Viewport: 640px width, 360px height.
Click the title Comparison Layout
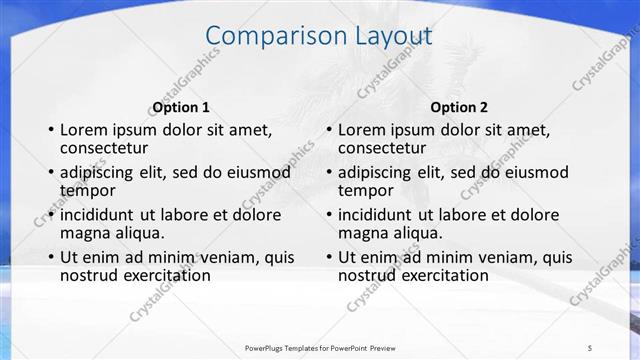coord(319,37)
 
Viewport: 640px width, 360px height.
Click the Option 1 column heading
coord(181,107)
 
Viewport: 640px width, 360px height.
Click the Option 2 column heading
coord(459,107)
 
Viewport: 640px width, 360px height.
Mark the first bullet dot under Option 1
coord(51,130)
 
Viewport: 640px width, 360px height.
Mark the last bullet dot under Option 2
coord(329,257)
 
